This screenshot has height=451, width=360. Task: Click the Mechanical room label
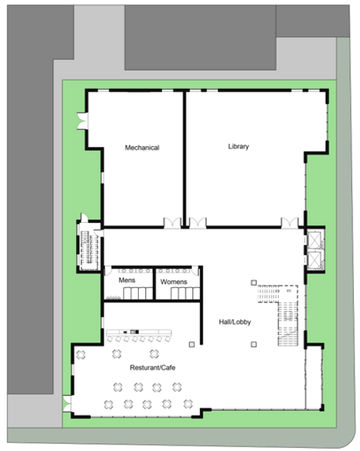tap(142, 148)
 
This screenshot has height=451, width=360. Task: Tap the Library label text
tap(239, 146)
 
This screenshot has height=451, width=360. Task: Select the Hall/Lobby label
tap(235, 322)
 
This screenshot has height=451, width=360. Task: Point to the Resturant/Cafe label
tap(152, 368)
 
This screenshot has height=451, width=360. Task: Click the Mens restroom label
tap(127, 280)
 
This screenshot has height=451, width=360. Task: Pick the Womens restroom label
tap(174, 282)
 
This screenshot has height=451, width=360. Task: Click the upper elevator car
tap(314, 240)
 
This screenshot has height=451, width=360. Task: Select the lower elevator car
tap(314, 260)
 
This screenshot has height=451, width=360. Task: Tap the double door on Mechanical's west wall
tap(83, 121)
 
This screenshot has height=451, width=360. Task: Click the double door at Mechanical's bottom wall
tap(172, 223)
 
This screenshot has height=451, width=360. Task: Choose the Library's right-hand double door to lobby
tap(290, 223)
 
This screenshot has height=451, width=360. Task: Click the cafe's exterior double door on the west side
tap(67, 403)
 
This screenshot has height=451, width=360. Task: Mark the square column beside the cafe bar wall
tap(192, 344)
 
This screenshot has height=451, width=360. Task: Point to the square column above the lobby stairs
tap(253, 283)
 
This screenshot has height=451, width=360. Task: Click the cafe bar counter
tap(139, 332)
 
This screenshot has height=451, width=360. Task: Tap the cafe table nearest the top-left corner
tap(80, 355)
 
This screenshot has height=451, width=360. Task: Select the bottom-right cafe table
tap(188, 404)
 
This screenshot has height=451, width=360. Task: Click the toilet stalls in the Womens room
tap(186, 293)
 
